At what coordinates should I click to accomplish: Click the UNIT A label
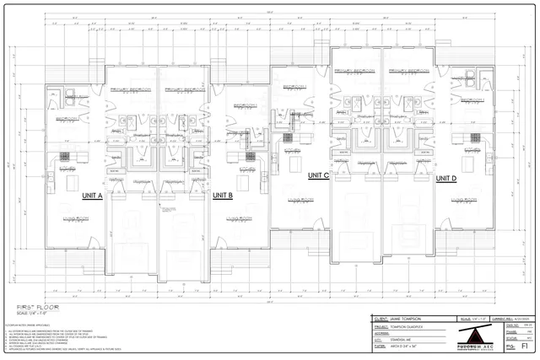coord(92,195)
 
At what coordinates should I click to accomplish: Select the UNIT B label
coord(222,195)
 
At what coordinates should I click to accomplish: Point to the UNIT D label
coord(445,179)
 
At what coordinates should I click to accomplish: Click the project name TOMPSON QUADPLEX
coord(411,326)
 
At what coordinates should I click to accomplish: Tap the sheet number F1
coord(525,345)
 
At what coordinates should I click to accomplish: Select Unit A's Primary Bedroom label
coord(130,89)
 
